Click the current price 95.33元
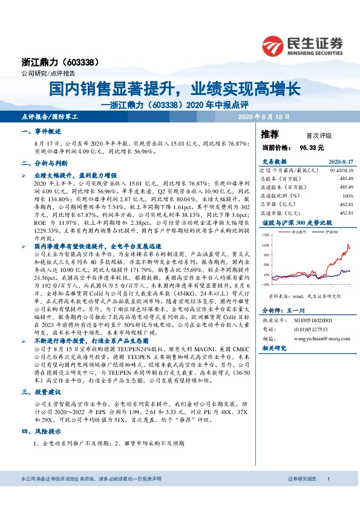click(312, 147)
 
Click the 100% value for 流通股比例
click(347, 195)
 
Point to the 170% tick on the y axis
click(266, 233)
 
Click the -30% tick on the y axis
click(266, 284)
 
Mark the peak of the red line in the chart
click(349, 244)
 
